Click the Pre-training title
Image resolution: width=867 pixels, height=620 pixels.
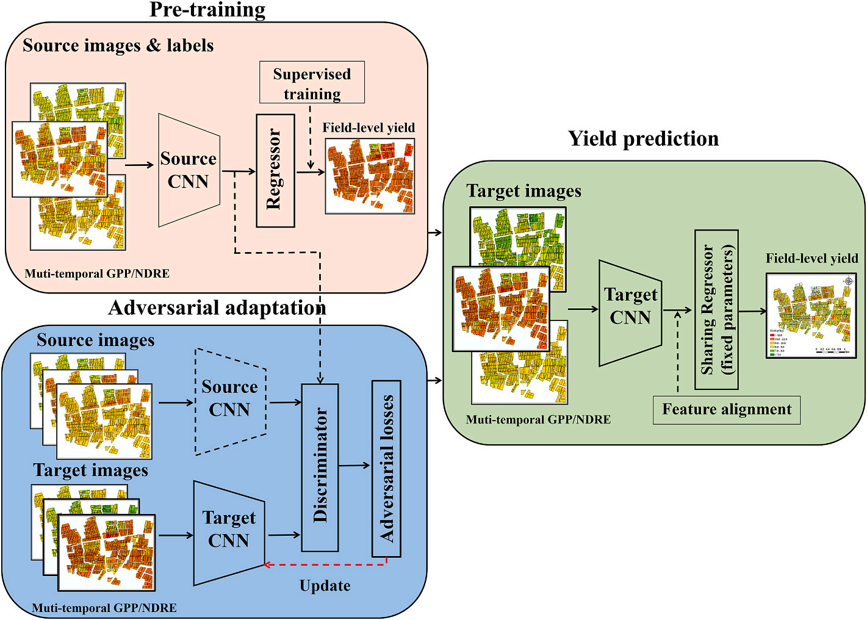coord(207,10)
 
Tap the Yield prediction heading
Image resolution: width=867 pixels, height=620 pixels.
coord(643,139)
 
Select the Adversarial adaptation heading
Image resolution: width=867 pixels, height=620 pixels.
coord(217,308)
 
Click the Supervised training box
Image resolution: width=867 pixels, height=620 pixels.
coord(312,82)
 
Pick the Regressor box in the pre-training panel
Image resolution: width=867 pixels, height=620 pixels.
coord(275,170)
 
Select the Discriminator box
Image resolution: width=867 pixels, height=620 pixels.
coord(320,467)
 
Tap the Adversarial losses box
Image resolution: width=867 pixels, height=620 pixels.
coord(386,469)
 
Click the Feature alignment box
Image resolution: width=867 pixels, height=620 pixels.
coord(726,409)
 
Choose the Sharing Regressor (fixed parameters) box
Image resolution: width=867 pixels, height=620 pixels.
coord(716,309)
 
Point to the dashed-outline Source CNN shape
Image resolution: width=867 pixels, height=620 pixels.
coord(230,401)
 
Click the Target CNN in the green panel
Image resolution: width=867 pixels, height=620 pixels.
coord(630,312)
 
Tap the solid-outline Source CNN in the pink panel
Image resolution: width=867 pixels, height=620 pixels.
coord(189,170)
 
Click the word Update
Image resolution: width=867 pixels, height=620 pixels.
coord(325,586)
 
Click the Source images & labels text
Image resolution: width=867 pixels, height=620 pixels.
coord(118,46)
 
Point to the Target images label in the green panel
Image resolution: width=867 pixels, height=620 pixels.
coord(524,191)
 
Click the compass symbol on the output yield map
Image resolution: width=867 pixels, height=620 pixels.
coord(848,281)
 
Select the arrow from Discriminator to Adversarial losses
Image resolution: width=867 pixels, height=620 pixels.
coord(354,466)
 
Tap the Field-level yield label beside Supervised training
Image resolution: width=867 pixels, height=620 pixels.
coord(369,128)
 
